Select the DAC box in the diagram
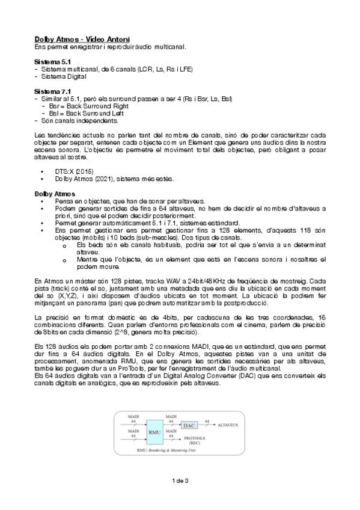190,425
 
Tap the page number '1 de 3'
180,480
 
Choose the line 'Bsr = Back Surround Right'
90,105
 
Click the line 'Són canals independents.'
76,120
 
